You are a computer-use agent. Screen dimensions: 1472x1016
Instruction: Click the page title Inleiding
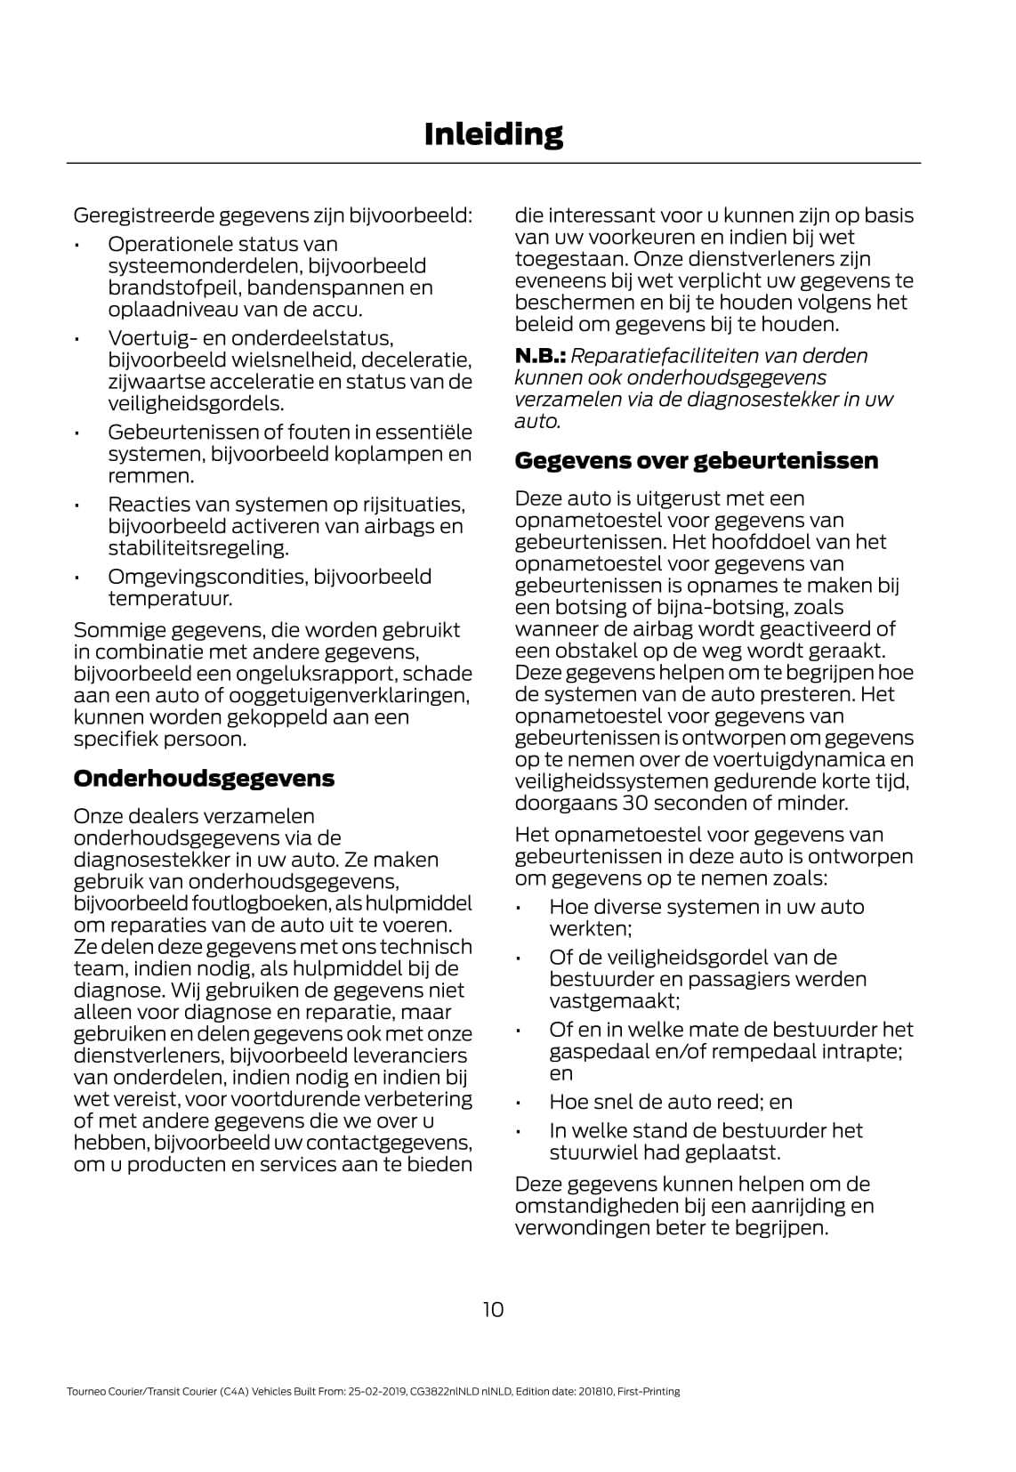pyautogui.click(x=494, y=133)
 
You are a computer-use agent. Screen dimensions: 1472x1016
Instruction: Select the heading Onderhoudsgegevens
pyautogui.click(x=204, y=779)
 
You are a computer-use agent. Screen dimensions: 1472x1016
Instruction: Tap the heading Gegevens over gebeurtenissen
pyautogui.click(x=697, y=461)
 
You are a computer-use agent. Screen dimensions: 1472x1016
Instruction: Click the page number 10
pyautogui.click(x=493, y=1309)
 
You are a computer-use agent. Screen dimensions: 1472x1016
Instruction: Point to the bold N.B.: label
pyautogui.click(x=541, y=356)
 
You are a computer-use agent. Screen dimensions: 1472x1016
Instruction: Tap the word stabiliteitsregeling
pyautogui.click(x=198, y=548)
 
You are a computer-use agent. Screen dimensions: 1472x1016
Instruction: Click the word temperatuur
pyautogui.click(x=170, y=599)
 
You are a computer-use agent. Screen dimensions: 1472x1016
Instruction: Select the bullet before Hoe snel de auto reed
pyautogui.click(x=519, y=1104)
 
